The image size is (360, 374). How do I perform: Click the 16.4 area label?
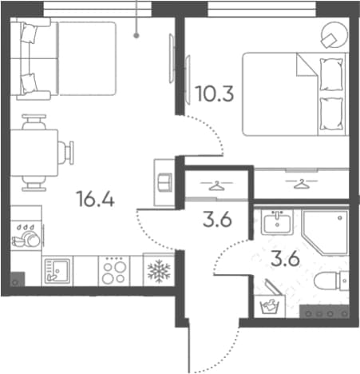95,199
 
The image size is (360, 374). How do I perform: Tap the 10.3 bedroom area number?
214,93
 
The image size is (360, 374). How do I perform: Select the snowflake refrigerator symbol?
159,271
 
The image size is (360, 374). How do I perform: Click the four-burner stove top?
114,271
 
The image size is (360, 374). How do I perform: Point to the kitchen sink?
57,271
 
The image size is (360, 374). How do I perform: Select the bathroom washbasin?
277,222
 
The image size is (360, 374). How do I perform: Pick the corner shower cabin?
325,233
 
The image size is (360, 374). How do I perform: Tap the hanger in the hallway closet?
217,185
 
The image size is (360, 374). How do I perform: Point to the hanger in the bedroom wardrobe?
302,184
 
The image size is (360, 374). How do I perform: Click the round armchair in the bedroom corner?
334,35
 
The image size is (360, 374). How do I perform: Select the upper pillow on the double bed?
331,74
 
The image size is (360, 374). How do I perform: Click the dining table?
34,153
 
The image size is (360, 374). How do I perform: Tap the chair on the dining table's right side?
65,153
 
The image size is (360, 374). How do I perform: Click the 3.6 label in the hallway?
217,220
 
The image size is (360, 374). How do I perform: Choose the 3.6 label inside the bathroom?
285,259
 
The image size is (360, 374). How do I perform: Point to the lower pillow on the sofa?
29,83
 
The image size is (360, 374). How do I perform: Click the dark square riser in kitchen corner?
18,279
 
